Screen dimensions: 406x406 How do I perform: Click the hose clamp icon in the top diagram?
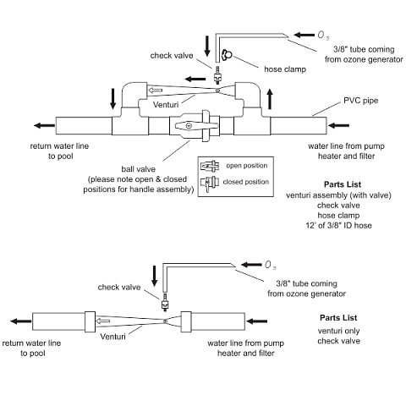227,55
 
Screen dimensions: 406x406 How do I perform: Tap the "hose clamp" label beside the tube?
285,69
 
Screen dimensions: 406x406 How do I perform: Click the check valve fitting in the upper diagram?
217,75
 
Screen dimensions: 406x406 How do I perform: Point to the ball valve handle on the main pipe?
196,126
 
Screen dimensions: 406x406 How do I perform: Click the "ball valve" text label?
138,169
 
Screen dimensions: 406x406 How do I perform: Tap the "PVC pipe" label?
360,101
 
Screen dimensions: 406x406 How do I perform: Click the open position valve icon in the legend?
210,166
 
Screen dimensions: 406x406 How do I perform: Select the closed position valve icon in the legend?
210,183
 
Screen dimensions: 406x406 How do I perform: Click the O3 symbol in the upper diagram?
323,36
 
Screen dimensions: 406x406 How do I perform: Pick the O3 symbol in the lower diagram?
271,265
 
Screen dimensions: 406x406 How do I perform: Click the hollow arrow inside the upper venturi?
156,91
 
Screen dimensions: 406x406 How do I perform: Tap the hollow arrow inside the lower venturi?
103,321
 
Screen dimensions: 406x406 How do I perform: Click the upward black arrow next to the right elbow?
270,99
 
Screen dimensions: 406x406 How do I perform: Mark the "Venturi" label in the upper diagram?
166,105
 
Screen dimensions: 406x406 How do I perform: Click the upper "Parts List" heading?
343,184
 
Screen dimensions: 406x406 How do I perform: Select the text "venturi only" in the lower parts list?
338,331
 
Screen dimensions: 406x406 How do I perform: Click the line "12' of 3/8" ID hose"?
338,226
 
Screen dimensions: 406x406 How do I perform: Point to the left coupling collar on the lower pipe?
90,321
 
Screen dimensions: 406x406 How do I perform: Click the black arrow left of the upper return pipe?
44,125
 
